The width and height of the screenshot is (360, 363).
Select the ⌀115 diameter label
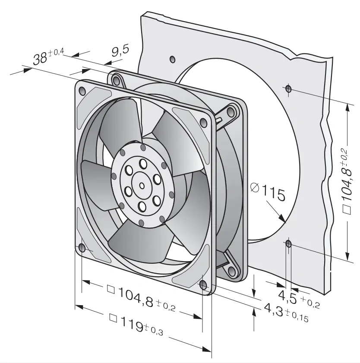(268, 192)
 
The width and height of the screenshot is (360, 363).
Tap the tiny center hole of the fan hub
(142, 186)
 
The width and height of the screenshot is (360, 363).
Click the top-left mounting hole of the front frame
(82, 91)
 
